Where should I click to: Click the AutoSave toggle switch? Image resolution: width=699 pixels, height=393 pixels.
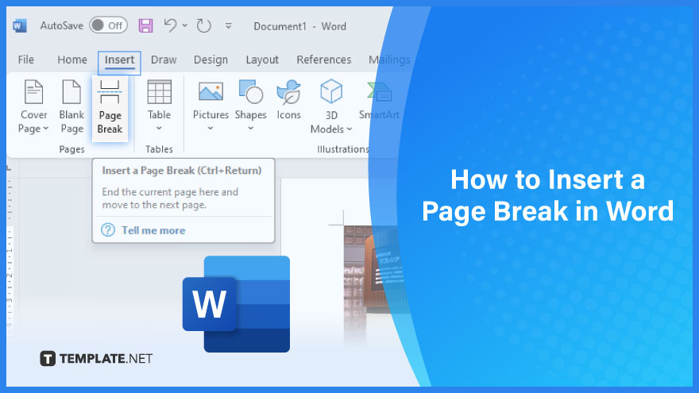click(108, 25)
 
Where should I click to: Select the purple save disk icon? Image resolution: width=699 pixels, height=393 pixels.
click(145, 25)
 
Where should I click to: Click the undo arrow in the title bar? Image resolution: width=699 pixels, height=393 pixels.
click(170, 25)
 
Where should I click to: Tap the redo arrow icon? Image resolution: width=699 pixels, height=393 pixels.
click(203, 26)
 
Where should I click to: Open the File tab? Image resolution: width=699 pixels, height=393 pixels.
click(26, 60)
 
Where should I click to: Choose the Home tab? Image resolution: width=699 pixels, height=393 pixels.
click(72, 60)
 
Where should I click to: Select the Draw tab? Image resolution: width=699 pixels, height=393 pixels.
click(164, 60)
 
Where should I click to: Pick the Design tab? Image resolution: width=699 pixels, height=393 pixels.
click(210, 60)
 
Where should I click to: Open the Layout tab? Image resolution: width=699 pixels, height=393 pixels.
click(262, 60)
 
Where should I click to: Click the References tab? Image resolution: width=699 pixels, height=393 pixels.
click(323, 60)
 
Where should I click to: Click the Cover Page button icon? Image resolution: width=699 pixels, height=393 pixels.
click(33, 92)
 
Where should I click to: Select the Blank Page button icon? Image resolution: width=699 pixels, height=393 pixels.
click(71, 92)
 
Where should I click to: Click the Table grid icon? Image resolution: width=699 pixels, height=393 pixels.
click(159, 92)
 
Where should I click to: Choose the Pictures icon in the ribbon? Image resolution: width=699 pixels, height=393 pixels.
click(210, 91)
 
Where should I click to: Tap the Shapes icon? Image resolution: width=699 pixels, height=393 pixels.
click(250, 92)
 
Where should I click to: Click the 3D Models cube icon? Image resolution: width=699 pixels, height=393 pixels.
click(331, 91)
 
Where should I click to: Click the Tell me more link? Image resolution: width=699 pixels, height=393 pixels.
click(153, 230)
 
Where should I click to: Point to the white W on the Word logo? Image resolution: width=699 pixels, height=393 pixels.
click(209, 304)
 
